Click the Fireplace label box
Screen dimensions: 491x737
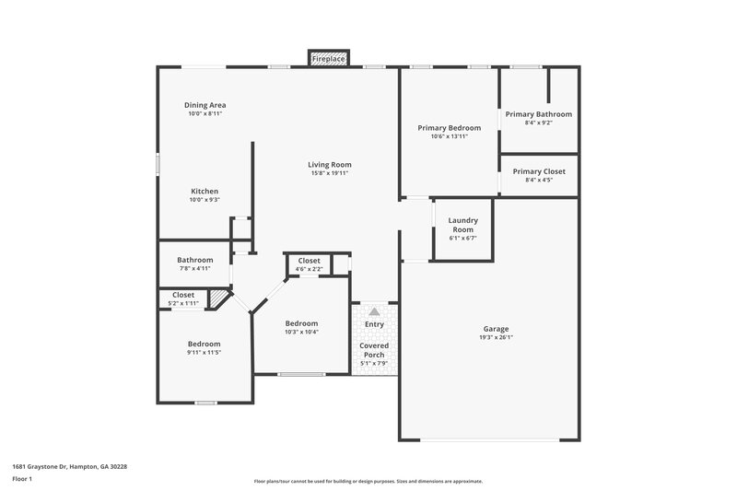point(328,59)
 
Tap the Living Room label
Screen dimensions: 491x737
point(330,165)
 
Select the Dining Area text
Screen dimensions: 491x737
point(206,105)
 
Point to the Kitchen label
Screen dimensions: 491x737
point(205,191)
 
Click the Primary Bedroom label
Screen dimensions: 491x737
point(449,127)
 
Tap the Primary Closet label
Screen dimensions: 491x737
point(539,171)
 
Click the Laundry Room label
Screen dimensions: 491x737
point(462,224)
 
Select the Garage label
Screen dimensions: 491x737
point(496,329)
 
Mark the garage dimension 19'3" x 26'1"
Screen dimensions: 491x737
point(496,337)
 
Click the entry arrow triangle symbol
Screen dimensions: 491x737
point(374,312)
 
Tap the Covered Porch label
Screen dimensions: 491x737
point(374,350)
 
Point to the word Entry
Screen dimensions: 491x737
point(374,323)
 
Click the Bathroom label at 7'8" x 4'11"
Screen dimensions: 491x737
point(195,260)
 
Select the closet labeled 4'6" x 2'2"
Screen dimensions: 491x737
point(309,269)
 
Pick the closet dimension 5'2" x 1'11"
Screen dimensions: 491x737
point(182,303)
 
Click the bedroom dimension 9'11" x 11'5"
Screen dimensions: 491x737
point(205,352)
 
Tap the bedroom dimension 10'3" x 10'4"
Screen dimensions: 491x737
point(301,332)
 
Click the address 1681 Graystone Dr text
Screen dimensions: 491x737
point(70,467)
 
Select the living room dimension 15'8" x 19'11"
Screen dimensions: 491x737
point(330,173)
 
